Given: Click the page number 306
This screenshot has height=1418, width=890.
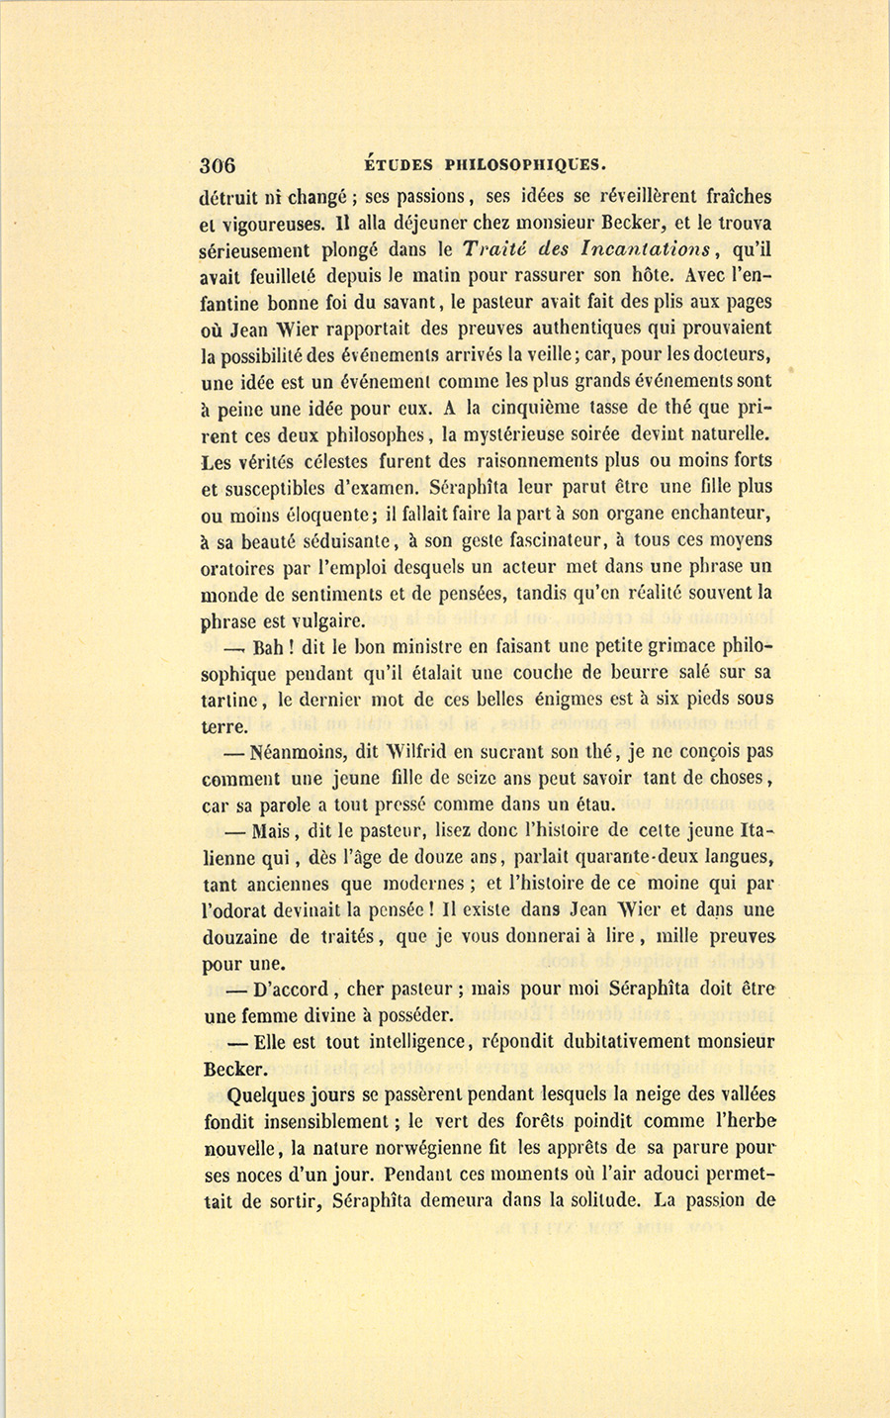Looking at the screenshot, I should (x=217, y=165).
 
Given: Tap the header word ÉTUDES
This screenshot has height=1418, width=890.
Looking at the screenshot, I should (x=394, y=164).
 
